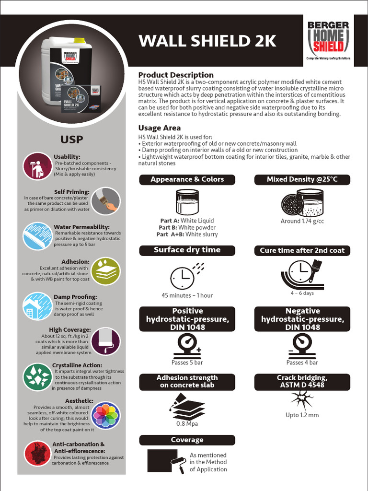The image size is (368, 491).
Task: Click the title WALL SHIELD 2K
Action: (x=207, y=41)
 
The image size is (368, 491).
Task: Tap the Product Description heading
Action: (x=176, y=75)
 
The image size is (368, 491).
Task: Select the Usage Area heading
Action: (x=160, y=128)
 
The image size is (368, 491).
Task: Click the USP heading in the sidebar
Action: (x=71, y=140)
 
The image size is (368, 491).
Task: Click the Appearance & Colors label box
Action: (x=187, y=179)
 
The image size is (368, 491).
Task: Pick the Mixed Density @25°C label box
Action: (x=302, y=179)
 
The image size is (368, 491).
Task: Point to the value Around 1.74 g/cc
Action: (x=302, y=221)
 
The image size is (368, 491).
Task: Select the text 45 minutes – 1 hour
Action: (x=187, y=295)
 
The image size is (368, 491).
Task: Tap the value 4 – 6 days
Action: (x=302, y=293)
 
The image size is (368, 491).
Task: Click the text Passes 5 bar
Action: (x=187, y=362)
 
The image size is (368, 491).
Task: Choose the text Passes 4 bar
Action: (x=302, y=362)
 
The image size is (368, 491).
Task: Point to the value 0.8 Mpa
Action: (x=187, y=424)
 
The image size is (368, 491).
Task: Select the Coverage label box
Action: (x=187, y=440)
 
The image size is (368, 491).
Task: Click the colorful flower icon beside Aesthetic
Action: (x=105, y=415)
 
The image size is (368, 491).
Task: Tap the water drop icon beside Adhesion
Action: (x=105, y=271)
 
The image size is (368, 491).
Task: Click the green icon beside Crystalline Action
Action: (x=37, y=377)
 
